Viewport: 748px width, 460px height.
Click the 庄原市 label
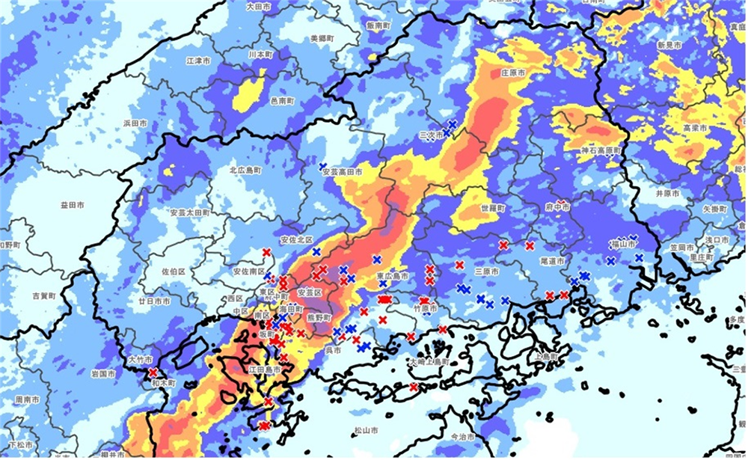pos(512,73)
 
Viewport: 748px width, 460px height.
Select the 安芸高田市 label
pos(342,172)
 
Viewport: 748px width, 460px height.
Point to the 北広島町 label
pos(245,171)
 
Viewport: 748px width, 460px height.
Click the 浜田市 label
pos(137,122)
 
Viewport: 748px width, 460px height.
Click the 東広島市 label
pos(391,276)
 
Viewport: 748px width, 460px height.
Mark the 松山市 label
pos(366,430)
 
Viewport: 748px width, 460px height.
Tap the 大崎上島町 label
pos(429,361)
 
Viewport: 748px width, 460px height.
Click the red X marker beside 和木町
pos(153,372)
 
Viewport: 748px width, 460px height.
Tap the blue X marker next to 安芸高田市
pos(322,165)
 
